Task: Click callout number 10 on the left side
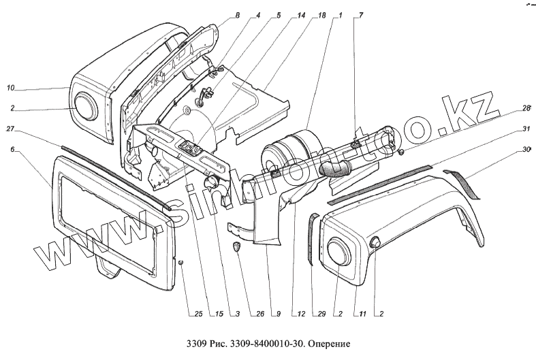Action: [x=10, y=88]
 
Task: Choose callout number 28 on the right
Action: [x=526, y=108]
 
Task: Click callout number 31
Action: [x=526, y=129]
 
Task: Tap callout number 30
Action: [x=526, y=150]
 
